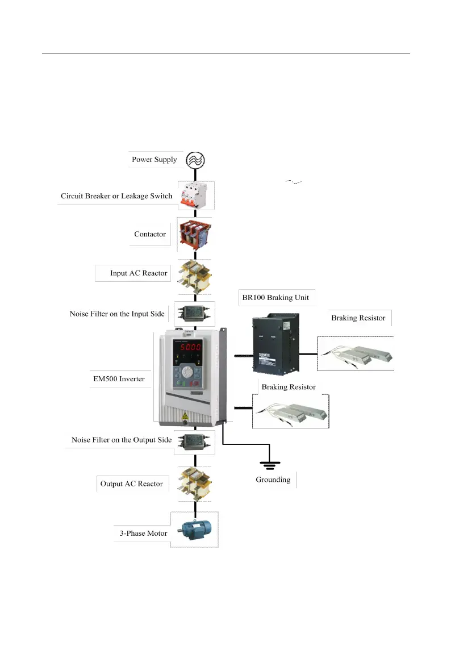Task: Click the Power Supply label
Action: (x=154, y=159)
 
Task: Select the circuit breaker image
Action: (x=195, y=196)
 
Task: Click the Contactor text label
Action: (x=150, y=234)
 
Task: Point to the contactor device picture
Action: (x=195, y=234)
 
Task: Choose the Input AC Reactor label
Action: (x=139, y=273)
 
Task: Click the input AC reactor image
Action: (x=195, y=274)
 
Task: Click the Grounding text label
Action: (x=273, y=480)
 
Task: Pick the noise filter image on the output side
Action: (x=195, y=440)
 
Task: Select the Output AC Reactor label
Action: (x=131, y=484)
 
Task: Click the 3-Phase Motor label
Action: (x=144, y=534)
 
